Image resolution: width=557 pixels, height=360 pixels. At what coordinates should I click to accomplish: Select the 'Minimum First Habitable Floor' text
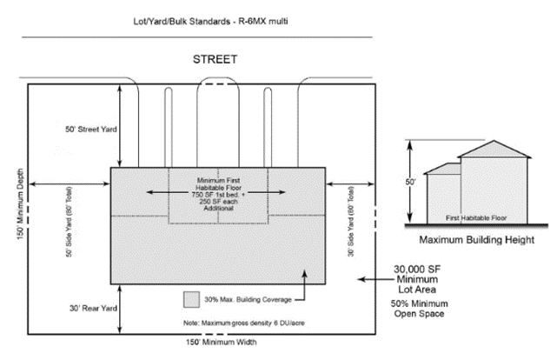(218, 185)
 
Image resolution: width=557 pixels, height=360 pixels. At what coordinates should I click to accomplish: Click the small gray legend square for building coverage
(191, 298)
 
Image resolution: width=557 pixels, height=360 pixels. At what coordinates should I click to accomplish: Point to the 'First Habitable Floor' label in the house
(475, 218)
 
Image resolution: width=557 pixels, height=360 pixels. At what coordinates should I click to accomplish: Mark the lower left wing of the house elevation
(442, 195)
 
